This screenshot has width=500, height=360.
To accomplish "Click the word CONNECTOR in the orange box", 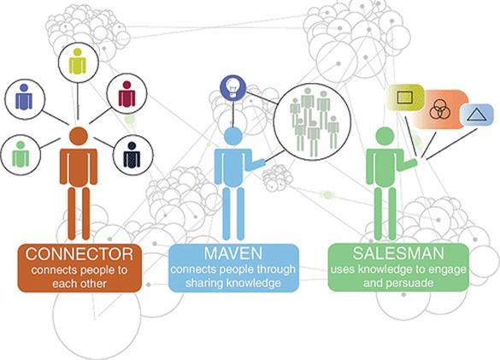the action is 79,254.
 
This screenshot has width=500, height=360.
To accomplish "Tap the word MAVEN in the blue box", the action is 233,253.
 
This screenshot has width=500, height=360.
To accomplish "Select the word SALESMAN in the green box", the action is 398,253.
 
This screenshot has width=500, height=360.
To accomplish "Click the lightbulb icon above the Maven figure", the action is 233,87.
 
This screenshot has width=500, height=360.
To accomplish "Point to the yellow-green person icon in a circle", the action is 78,62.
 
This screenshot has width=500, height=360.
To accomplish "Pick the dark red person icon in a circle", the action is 126,94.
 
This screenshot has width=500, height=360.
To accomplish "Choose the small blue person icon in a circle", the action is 24,97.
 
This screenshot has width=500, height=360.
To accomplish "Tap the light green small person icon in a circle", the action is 21,154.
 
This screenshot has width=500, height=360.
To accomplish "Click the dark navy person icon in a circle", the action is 132,155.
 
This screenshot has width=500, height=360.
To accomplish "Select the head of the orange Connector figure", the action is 79,136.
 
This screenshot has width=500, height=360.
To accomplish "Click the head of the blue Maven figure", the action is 233,137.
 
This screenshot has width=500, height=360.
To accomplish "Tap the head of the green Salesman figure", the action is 385,137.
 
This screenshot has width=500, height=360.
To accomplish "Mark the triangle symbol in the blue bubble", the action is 477,115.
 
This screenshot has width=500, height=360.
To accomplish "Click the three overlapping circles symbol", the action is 439,109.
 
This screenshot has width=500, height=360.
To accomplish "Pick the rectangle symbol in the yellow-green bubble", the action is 405,97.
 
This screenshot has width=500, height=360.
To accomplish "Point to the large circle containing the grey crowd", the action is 312,122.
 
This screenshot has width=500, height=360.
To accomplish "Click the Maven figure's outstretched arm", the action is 254,163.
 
